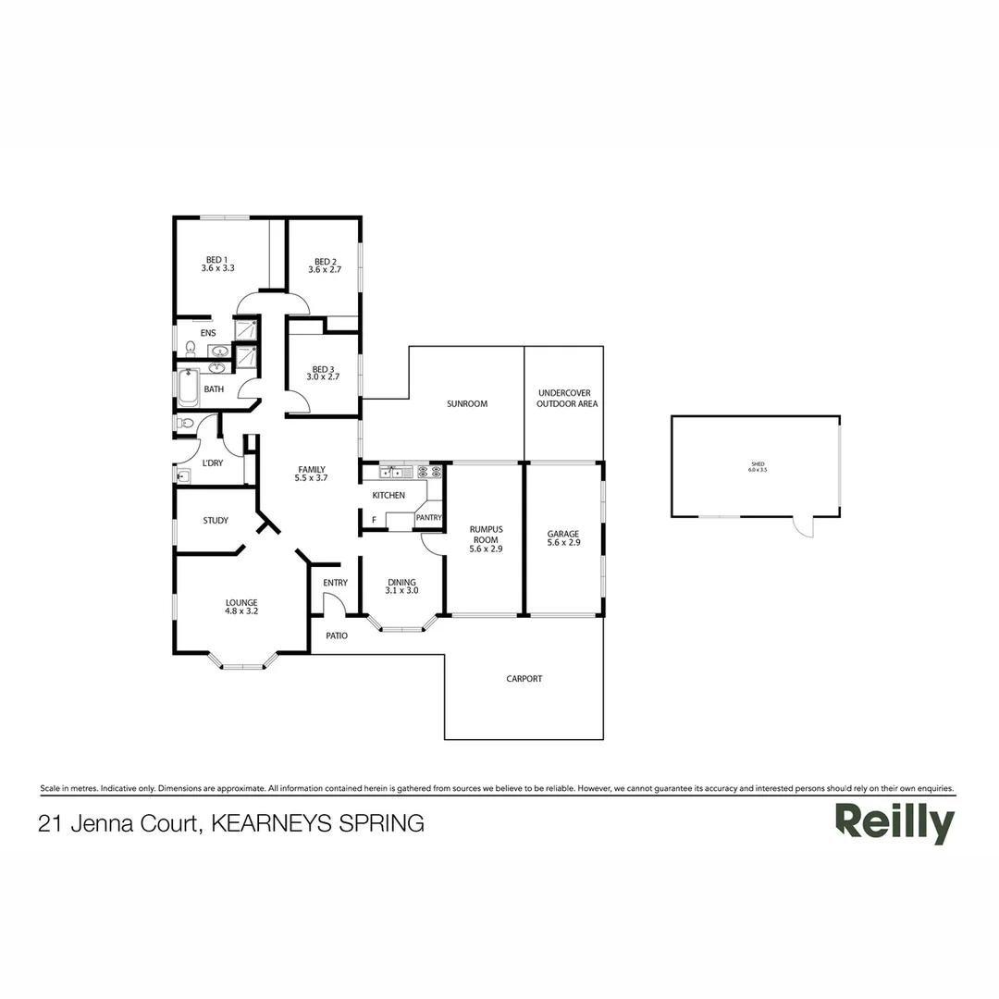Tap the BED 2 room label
(323, 265)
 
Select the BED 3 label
(323, 373)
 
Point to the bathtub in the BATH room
(188, 388)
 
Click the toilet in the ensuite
(191, 349)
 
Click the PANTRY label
(428, 518)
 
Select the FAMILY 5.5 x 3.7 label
(311, 474)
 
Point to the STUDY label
(216, 521)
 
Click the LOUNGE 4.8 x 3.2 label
(240, 607)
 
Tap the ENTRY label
(335, 583)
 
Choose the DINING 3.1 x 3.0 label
(401, 586)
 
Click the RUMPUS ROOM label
(486, 539)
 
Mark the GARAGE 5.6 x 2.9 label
(563, 538)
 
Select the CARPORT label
(524, 679)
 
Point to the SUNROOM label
(467, 404)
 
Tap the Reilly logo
(894, 822)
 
